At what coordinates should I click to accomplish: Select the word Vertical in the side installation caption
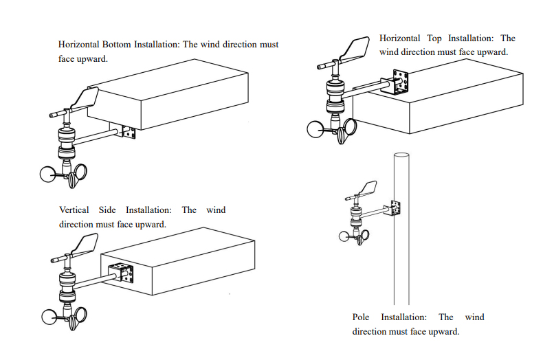pyautogui.click(x=74, y=210)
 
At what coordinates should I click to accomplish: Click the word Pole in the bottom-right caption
pyautogui.click(x=361, y=317)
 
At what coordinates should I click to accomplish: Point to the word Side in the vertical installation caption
pyautogui.click(x=107, y=210)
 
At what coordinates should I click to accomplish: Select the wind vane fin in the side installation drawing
pyautogui.click(x=87, y=245)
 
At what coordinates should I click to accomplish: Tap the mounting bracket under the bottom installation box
pyautogui.click(x=128, y=131)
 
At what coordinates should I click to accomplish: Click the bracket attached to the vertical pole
pyautogui.click(x=395, y=207)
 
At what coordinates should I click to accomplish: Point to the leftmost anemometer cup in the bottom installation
pyautogui.click(x=49, y=175)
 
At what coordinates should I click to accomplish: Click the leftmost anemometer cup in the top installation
pyautogui.click(x=315, y=130)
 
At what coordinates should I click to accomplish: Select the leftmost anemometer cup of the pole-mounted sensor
pyautogui.click(x=346, y=236)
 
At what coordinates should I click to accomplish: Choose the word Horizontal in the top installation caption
pyautogui.click(x=399, y=38)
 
